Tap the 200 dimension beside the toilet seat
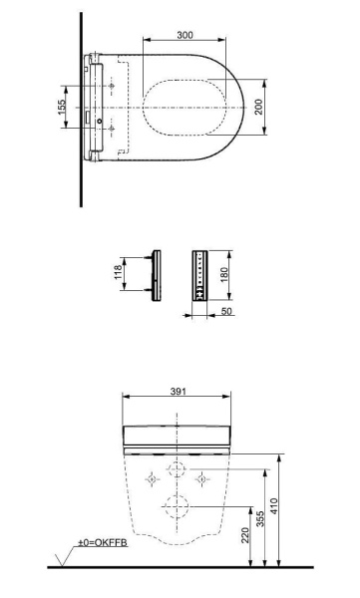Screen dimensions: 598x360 coord(260,108)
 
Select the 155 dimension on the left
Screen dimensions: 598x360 coord(62,108)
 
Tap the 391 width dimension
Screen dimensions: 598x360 coord(180,393)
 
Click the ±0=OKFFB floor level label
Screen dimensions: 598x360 coord(104,544)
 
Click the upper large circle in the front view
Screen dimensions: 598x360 coord(179,470)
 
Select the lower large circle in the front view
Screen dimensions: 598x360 coord(179,506)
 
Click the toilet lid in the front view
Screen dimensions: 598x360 coord(180,435)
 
